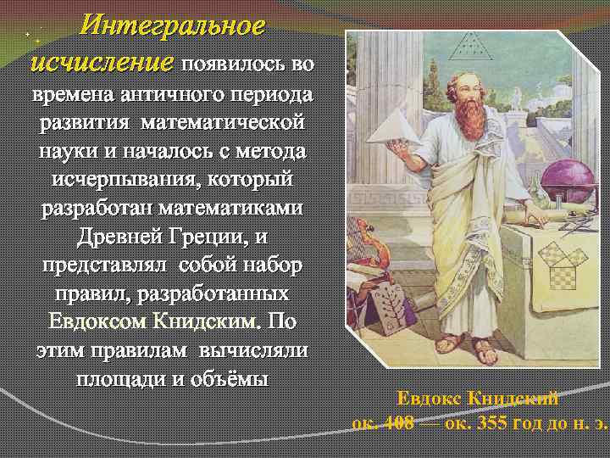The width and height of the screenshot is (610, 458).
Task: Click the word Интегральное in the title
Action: click(172, 26)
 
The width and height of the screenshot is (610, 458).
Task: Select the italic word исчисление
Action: click(101, 62)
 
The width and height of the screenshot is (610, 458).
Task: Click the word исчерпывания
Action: click(124, 180)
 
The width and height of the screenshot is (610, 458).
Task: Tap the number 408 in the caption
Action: click(397, 422)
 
